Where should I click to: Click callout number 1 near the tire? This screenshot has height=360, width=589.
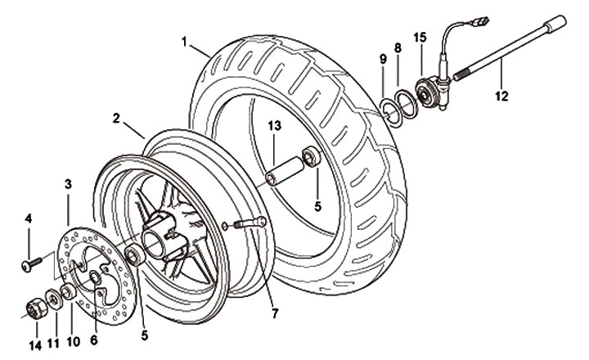tap(185, 40)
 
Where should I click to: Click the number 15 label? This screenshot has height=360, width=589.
tap(420, 37)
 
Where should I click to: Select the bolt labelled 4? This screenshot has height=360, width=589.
tap(30, 263)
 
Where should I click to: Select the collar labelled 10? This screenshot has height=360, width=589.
tap(70, 291)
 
